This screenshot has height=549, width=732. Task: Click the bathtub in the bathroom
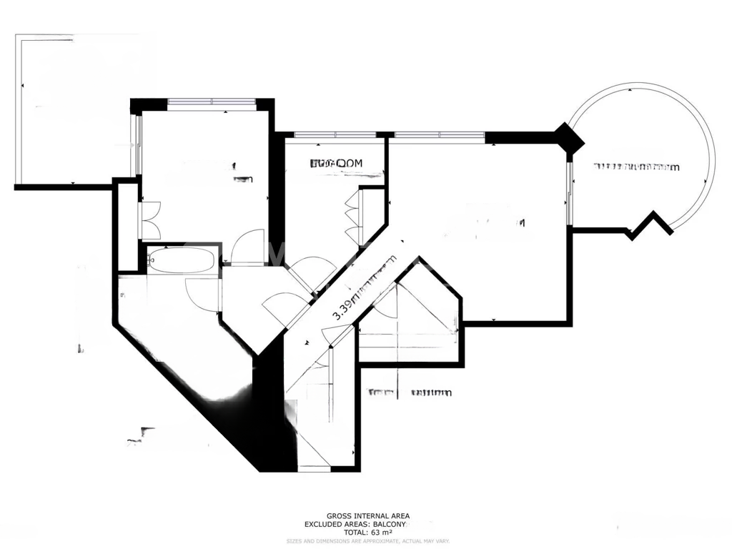point(182,260)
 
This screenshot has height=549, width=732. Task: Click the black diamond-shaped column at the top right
point(569,137)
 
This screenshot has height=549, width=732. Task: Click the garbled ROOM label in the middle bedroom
point(337,164)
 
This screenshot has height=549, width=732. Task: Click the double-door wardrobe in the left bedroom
point(151,220)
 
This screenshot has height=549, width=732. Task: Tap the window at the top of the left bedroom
point(212,102)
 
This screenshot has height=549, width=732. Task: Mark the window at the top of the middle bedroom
point(335,134)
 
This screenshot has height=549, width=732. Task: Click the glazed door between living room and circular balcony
point(570,193)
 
